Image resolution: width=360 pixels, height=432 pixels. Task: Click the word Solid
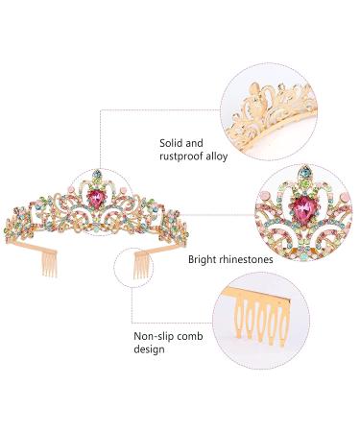pos(172,142)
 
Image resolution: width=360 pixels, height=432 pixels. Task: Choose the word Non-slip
pos(157,336)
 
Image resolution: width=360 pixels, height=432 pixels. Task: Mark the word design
pos(152,350)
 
